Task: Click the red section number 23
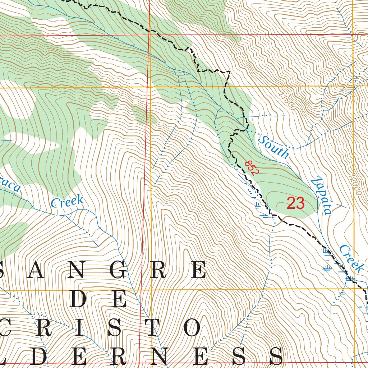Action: tap(295, 203)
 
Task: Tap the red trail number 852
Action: tap(252, 168)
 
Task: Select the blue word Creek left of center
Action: tap(67, 202)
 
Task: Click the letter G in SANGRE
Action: tap(118, 270)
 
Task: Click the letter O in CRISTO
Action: tap(192, 328)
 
